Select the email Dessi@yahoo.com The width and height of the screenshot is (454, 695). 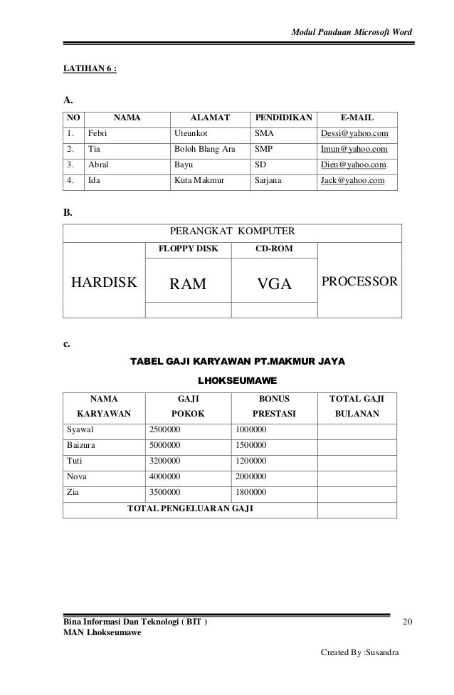(354, 133)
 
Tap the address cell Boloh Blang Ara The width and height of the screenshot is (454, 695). (204, 150)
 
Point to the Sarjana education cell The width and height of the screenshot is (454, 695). (268, 182)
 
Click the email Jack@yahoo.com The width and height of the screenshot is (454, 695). (353, 182)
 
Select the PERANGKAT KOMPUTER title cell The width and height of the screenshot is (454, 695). (232, 231)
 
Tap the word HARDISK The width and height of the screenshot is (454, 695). (102, 284)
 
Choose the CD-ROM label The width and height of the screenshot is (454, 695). (274, 250)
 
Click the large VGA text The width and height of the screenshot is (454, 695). (275, 285)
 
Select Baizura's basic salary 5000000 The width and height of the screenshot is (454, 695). (164, 445)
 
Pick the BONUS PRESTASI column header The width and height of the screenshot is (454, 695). (273, 404)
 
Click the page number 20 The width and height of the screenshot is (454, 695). (407, 623)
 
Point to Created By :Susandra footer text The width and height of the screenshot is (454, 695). (361, 652)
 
